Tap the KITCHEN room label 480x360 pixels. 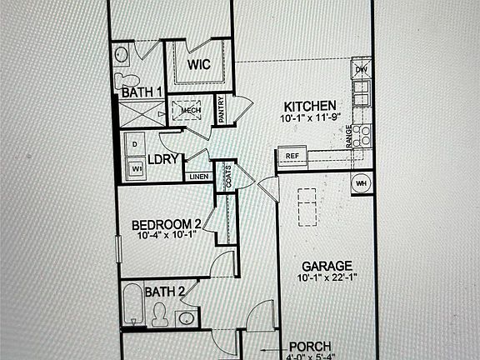click(310, 107)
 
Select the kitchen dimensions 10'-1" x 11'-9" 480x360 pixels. click(310, 118)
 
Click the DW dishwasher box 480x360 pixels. click(361, 70)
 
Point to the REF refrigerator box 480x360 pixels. click(292, 156)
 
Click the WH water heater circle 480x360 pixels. click(362, 183)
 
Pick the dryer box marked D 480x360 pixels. click(135, 144)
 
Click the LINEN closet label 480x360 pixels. click(198, 177)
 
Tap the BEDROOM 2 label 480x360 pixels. click(167, 224)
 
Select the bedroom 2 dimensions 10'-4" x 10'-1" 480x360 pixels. click(167, 236)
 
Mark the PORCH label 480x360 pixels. click(310, 346)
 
